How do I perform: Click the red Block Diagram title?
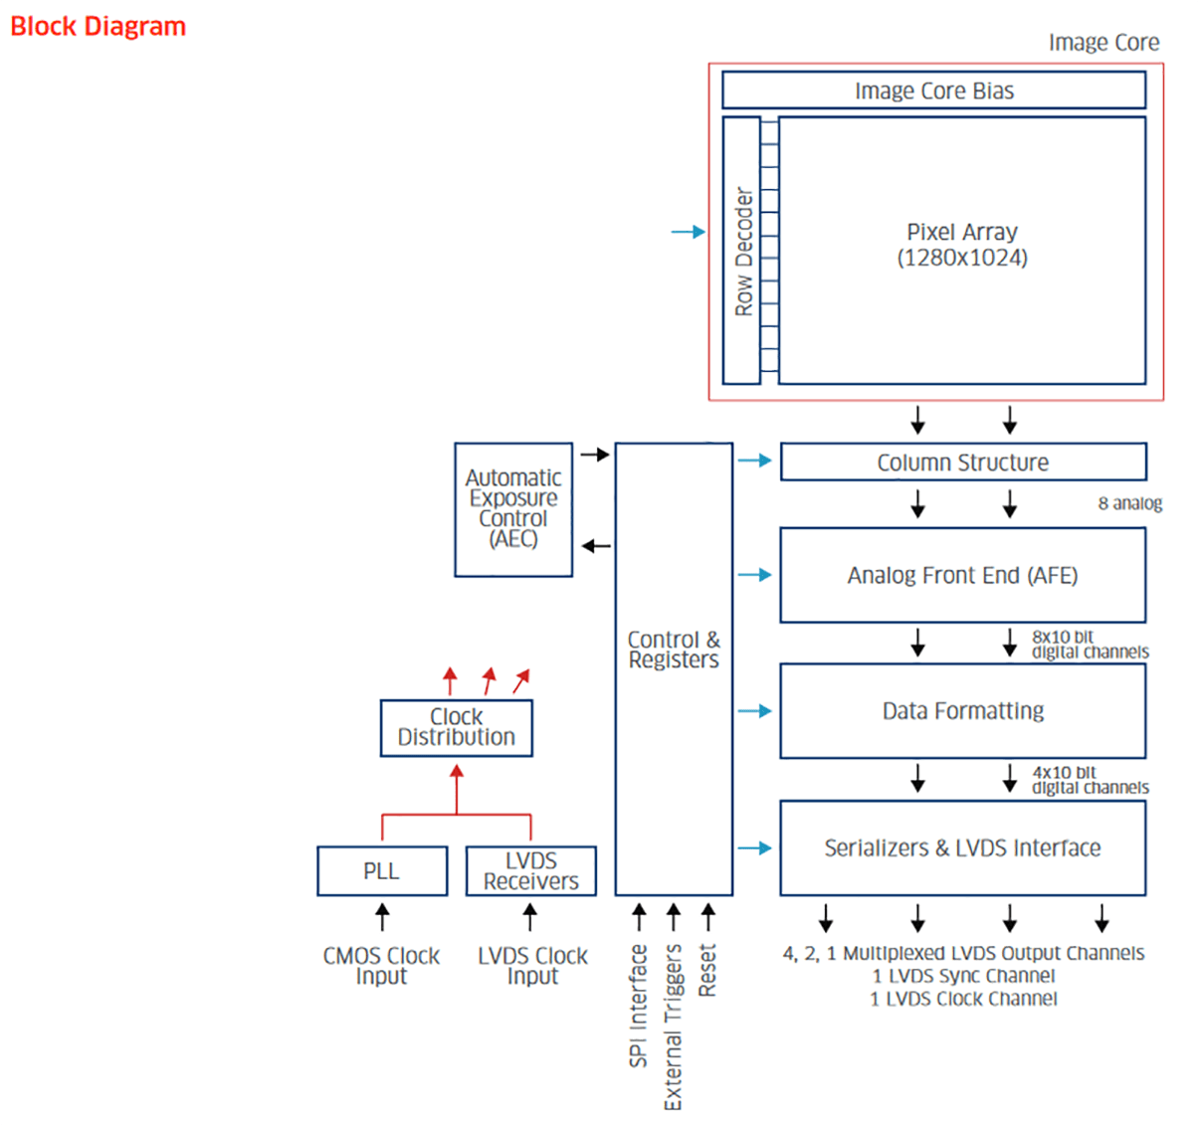tap(98, 27)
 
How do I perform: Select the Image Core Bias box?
tap(933, 91)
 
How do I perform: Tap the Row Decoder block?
tap(742, 251)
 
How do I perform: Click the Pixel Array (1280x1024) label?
tap(961, 245)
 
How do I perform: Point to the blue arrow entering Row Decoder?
tap(688, 232)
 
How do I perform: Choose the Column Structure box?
tap(962, 463)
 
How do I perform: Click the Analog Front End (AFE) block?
tap(962, 575)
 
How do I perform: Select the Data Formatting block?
tap(962, 711)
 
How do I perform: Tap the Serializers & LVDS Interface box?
tap(962, 847)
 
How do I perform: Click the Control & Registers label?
tap(674, 650)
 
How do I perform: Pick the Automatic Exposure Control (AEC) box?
tap(513, 509)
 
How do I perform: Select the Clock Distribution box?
tap(457, 727)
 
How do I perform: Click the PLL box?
tap(382, 871)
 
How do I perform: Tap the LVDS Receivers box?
tap(530, 871)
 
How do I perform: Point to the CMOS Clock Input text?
tap(381, 966)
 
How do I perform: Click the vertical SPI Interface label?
tap(639, 1005)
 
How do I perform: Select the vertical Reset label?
tap(707, 970)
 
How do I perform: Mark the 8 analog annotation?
tap(1129, 503)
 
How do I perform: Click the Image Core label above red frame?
tap(1103, 43)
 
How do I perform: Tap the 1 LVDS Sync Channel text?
tap(963, 976)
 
